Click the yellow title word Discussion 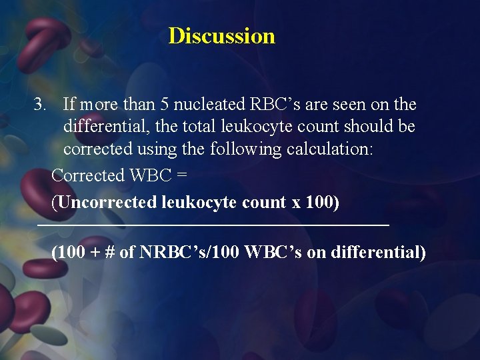(221, 35)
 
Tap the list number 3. (41, 105)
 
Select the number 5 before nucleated (165, 105)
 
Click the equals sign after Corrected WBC (181, 175)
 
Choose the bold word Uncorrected (107, 201)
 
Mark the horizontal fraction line (213, 227)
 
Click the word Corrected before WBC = (87, 175)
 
